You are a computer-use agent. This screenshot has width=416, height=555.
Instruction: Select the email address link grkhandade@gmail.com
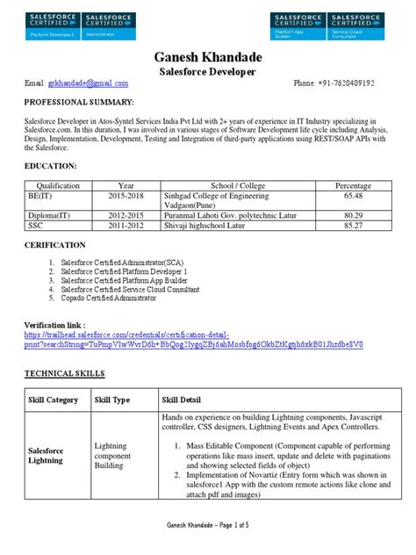coord(89,83)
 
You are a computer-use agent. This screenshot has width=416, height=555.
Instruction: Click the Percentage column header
coord(354,186)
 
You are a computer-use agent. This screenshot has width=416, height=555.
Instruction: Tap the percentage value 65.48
coord(354,198)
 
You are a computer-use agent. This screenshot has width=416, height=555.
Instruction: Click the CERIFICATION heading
coord(54,245)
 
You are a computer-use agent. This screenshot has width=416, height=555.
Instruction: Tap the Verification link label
coord(57,324)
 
